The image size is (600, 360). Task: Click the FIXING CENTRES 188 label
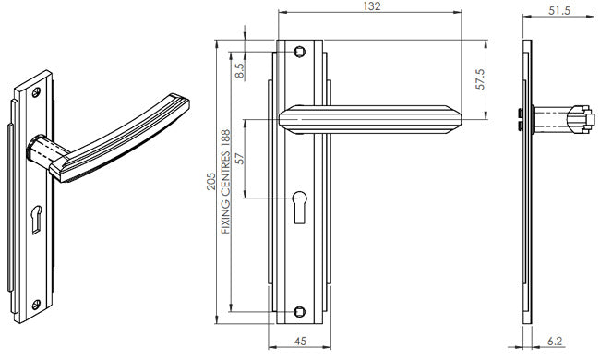pyautogui.click(x=225, y=181)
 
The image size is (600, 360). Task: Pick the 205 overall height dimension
pyautogui.click(x=211, y=180)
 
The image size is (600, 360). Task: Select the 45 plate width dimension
pyautogui.click(x=300, y=341)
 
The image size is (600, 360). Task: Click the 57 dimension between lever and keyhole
pyautogui.click(x=238, y=158)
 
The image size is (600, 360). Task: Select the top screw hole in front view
pyautogui.click(x=300, y=52)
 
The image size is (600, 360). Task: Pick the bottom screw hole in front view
pyautogui.click(x=300, y=309)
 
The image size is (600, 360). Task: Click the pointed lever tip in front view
pyautogui.click(x=457, y=118)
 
